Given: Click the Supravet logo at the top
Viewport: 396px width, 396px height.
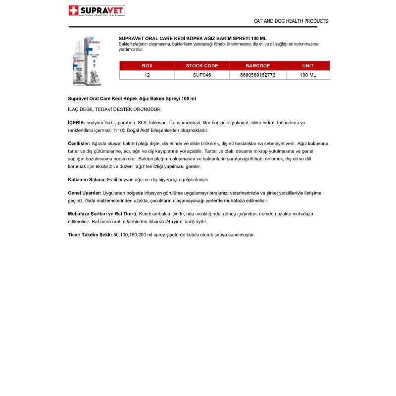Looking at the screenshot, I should [97, 10].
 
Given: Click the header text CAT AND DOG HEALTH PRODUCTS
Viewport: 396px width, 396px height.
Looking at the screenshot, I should [291, 21].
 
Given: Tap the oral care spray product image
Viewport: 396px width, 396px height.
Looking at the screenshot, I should [85, 61].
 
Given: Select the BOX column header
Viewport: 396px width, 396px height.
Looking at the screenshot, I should [147, 66].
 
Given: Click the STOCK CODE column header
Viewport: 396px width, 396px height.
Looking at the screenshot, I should [202, 66].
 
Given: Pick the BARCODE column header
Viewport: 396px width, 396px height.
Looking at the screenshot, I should [257, 66].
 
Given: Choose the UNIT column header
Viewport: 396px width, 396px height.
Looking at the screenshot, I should [307, 66].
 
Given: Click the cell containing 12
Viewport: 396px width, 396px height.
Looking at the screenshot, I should [147, 75].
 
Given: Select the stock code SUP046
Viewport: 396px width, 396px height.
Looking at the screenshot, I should [202, 75].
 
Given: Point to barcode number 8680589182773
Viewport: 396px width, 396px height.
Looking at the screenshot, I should [257, 75].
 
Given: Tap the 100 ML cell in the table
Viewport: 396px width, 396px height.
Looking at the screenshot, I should [307, 75].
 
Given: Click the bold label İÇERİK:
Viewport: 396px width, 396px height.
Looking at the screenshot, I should [76, 122].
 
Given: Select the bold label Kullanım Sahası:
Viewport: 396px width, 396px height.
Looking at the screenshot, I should [87, 179].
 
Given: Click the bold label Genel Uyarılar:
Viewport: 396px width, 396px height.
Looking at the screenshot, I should [85, 193].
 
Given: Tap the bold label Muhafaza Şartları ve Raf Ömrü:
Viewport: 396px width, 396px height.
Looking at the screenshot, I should [102, 213].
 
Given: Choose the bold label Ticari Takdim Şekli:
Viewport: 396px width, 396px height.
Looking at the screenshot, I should [90, 235].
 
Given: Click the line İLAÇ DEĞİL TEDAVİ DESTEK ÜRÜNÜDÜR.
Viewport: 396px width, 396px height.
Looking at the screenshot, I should [114, 109].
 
